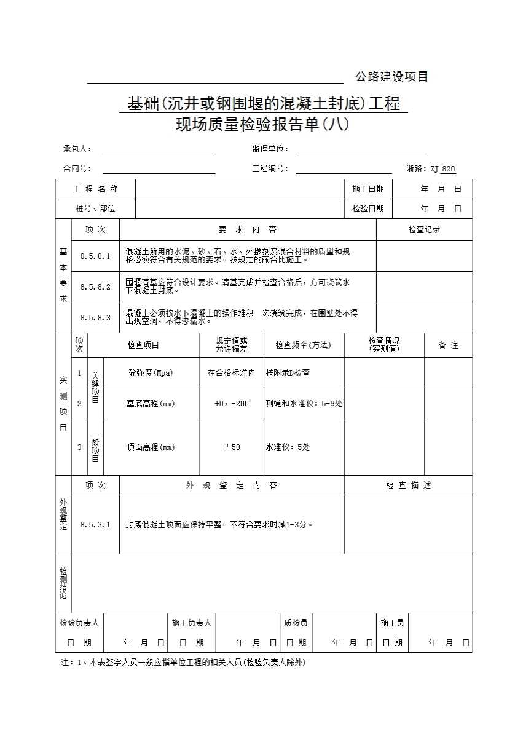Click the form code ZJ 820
click(x=442, y=169)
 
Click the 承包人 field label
click(x=77, y=149)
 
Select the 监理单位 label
click(x=270, y=149)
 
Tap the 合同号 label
click(x=77, y=168)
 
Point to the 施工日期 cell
click(x=368, y=189)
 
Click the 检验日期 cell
click(x=368, y=209)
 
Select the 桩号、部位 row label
click(x=95, y=209)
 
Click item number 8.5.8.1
click(x=95, y=256)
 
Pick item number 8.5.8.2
click(x=95, y=286)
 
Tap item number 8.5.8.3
click(x=95, y=317)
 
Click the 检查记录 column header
click(x=424, y=230)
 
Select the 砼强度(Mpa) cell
click(x=151, y=372)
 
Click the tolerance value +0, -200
click(x=232, y=403)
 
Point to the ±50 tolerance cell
click(x=232, y=447)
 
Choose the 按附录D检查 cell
click(x=288, y=372)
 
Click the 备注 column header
click(x=448, y=345)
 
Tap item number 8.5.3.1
click(x=95, y=524)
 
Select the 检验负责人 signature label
click(x=79, y=623)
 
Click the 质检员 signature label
click(x=296, y=623)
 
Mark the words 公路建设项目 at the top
click(x=391, y=77)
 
